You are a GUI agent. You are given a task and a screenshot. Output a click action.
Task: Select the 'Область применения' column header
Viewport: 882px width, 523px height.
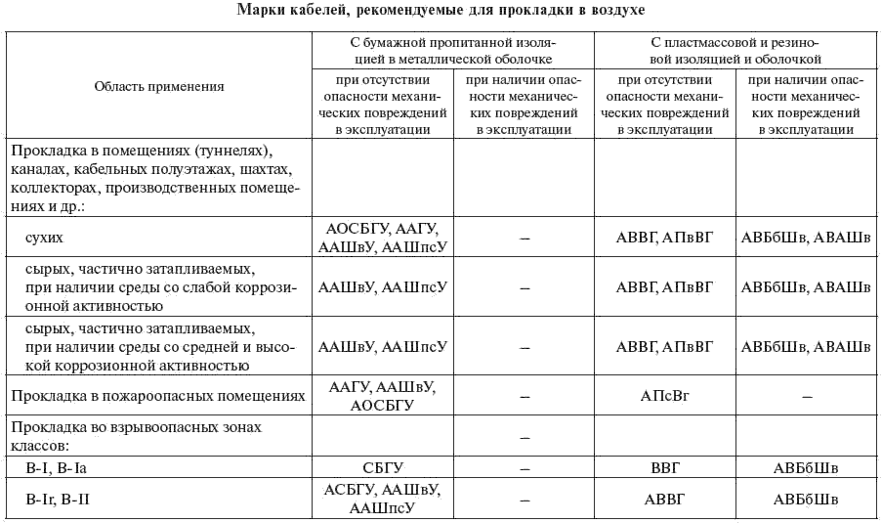[x=159, y=86]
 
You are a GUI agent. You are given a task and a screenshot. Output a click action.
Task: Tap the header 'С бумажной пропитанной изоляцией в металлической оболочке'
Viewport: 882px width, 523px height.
[x=454, y=51]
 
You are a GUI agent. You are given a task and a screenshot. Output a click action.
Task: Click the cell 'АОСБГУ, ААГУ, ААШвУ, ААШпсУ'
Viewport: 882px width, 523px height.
[x=382, y=238]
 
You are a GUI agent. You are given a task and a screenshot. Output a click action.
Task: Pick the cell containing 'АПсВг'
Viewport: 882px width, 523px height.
[x=664, y=397]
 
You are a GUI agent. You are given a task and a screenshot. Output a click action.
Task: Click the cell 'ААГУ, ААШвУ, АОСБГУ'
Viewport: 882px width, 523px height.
[x=382, y=396]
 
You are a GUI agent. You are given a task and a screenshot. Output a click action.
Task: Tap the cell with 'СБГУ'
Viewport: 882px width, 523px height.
[x=382, y=469]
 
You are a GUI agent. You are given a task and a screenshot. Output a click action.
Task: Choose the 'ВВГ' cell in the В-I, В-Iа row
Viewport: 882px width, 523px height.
[x=664, y=469]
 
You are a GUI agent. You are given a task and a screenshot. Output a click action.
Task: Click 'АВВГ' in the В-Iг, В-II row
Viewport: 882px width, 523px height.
[x=664, y=500]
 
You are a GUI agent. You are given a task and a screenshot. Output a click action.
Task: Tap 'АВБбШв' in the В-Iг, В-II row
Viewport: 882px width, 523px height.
[x=806, y=500]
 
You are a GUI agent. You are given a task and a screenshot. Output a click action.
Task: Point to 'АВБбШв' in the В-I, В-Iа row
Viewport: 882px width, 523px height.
[x=806, y=469]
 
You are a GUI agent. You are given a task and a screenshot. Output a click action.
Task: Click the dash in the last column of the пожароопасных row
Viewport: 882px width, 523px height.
[x=806, y=397]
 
